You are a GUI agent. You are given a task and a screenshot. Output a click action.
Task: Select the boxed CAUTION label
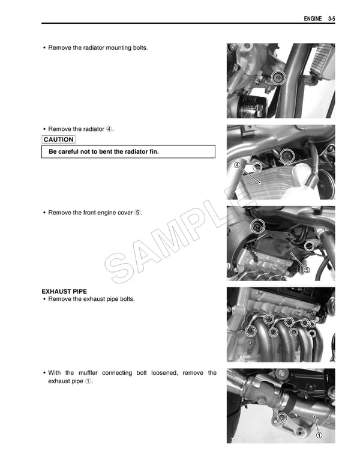(x=59, y=140)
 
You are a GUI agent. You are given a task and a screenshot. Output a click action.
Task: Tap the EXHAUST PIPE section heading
(x=64, y=291)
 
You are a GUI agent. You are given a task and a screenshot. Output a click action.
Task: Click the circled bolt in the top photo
(x=277, y=77)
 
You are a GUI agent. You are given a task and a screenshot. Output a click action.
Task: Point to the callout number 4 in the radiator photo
(x=238, y=165)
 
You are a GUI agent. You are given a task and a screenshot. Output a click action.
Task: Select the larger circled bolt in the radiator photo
(x=287, y=156)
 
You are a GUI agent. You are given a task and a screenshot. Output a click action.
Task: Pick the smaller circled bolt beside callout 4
(x=257, y=167)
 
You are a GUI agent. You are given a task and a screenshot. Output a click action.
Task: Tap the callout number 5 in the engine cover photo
(x=307, y=270)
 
